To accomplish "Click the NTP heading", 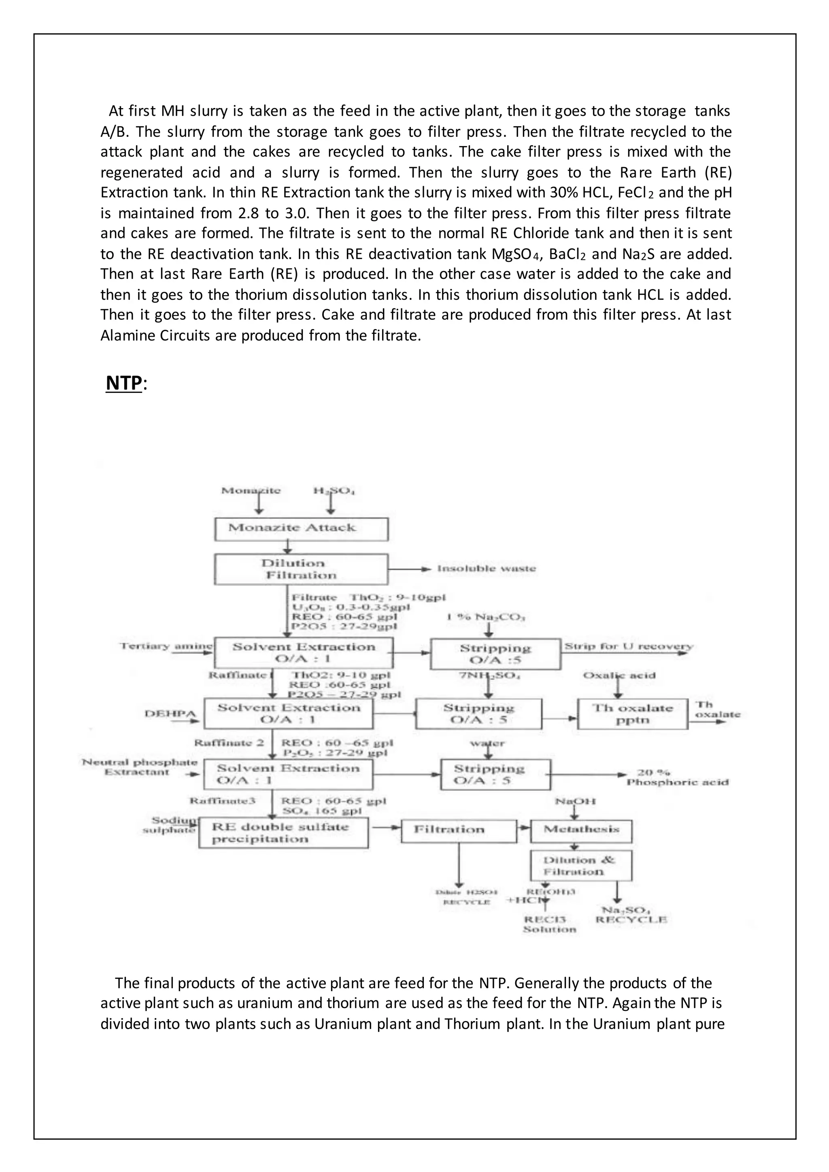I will click(x=123, y=383).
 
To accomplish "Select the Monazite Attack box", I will click(x=301, y=529).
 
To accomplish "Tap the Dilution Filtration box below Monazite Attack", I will click(x=301, y=569).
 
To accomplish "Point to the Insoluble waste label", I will click(x=486, y=568).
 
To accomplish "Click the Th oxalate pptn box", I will click(x=632, y=713).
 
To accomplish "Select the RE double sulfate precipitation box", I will click(x=283, y=832).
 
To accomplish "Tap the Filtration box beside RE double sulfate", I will click(x=458, y=830).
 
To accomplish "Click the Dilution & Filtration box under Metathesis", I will click(x=581, y=865).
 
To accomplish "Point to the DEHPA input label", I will click(x=164, y=713).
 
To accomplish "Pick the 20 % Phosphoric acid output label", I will click(x=677, y=777).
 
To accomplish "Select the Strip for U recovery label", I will click(x=628, y=646).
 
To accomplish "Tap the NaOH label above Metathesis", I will click(x=575, y=801).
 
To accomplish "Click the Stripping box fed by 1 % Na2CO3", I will click(x=495, y=654).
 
